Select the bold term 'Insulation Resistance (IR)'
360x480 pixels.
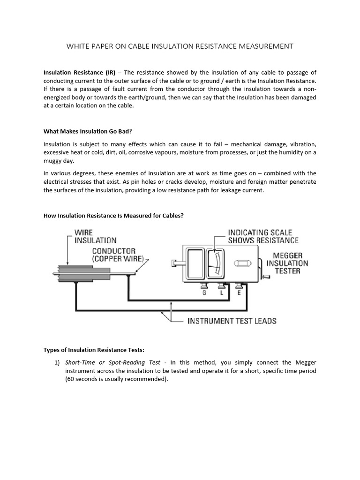click(x=79, y=73)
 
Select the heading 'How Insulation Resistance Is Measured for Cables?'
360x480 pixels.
click(x=113, y=215)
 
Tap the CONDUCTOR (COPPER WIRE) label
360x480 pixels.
click(x=120, y=255)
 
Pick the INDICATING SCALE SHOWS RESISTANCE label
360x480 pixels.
click(x=263, y=236)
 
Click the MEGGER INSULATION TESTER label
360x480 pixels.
click(x=287, y=262)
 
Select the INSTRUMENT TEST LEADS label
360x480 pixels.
click(x=232, y=321)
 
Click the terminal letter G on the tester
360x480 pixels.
click(x=204, y=292)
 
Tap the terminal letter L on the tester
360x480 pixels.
click(x=222, y=292)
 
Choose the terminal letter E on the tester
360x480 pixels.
click(x=239, y=292)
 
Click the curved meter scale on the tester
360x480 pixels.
click(x=215, y=264)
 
